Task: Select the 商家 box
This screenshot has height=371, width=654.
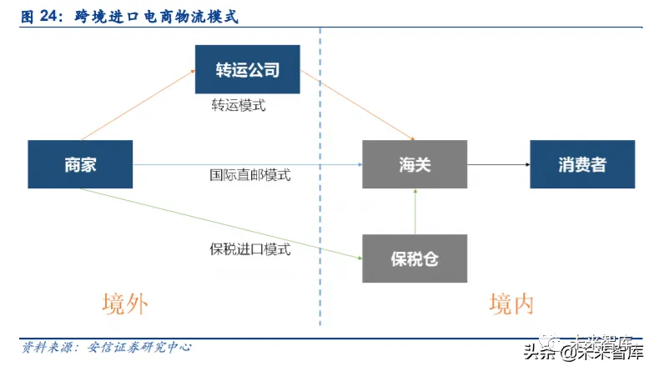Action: (81, 164)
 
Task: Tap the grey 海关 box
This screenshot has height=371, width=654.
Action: (414, 164)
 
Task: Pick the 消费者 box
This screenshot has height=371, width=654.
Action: (582, 164)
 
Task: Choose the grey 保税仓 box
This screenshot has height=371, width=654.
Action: (414, 258)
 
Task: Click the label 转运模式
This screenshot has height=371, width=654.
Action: (239, 107)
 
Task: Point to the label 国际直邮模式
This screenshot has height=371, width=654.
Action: (249, 176)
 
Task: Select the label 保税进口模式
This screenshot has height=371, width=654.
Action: (249, 248)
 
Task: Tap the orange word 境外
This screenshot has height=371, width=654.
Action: (124, 303)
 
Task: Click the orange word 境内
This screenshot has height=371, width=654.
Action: (511, 303)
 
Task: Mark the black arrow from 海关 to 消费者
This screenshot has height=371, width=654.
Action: (498, 164)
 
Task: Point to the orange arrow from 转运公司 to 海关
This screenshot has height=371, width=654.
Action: (358, 106)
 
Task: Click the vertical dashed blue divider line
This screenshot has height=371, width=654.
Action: (319, 208)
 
